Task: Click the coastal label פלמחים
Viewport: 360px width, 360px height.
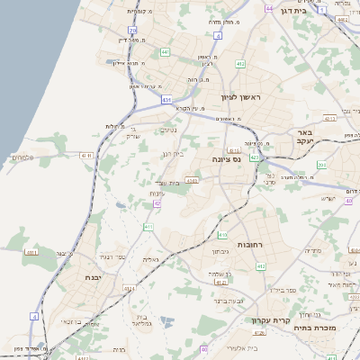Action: tap(22, 157)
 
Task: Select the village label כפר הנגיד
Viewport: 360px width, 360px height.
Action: tap(101, 256)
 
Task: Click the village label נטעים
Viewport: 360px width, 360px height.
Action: tap(168, 129)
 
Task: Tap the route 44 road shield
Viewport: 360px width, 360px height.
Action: tap(270, 8)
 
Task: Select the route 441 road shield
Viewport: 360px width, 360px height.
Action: tap(165, 52)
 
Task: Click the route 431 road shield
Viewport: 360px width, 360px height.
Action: tap(167, 98)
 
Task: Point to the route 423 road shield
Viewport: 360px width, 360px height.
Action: tap(255, 157)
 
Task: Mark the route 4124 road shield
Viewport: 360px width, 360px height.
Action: tap(129, 289)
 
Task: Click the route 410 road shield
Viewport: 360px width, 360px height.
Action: tap(148, 227)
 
